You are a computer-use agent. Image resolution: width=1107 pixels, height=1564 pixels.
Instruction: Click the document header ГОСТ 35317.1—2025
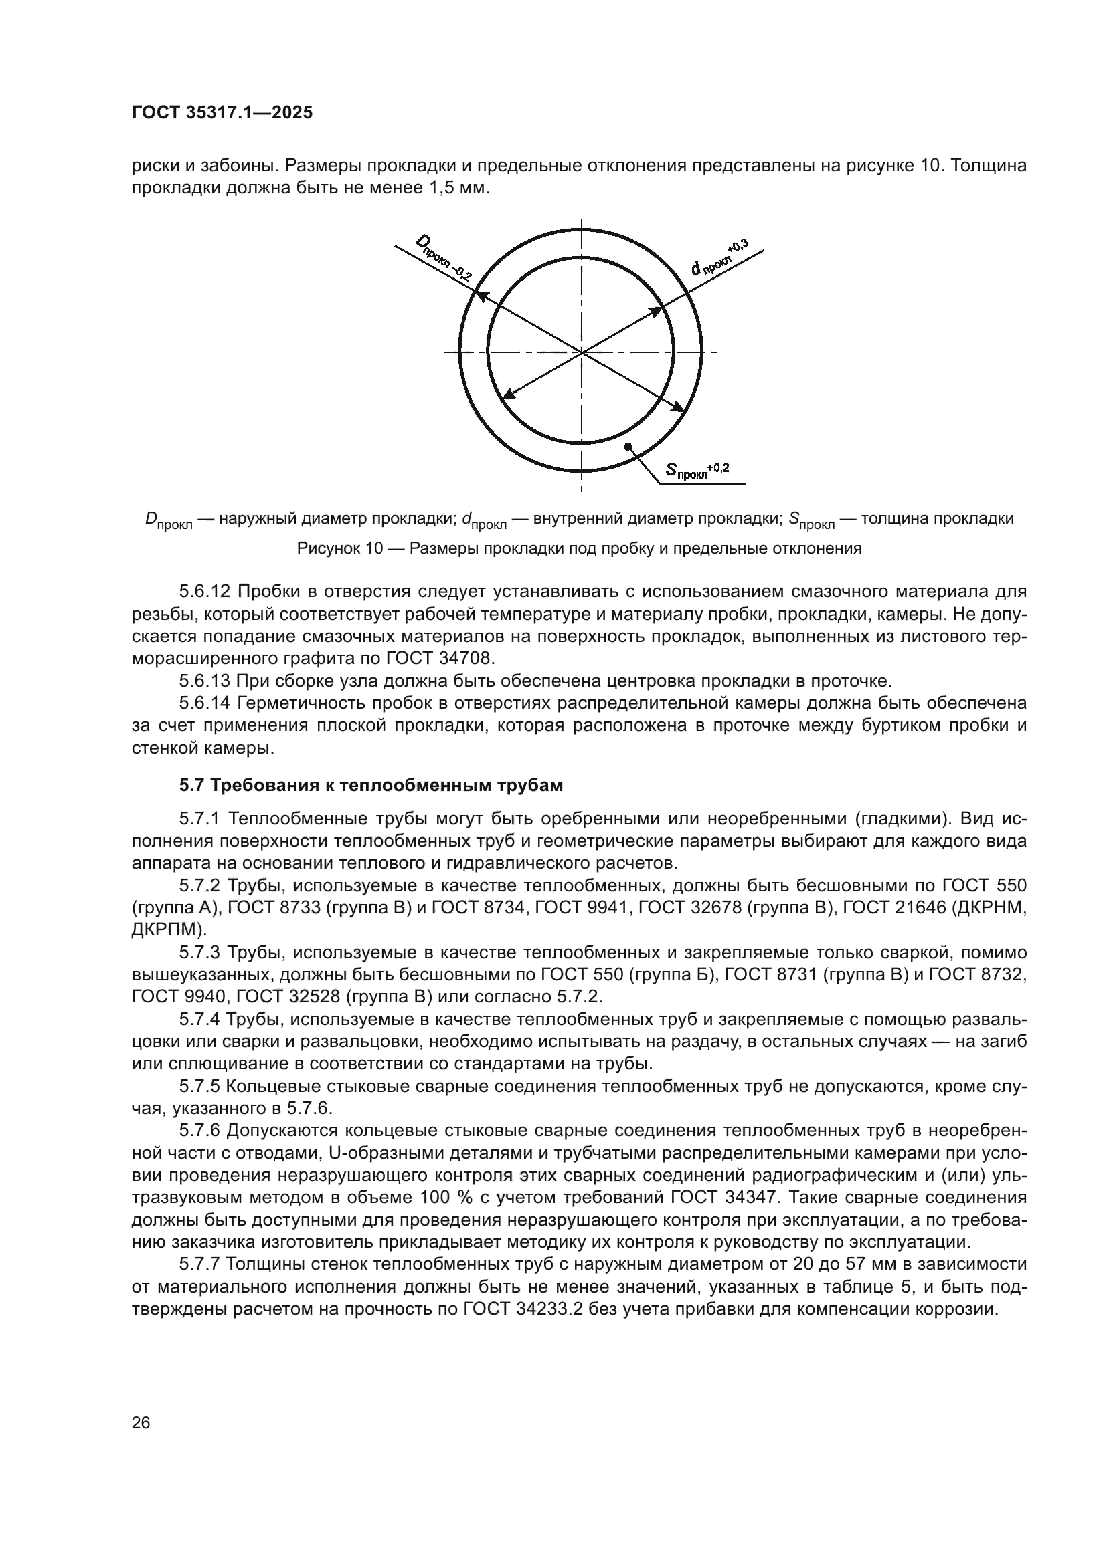[222, 113]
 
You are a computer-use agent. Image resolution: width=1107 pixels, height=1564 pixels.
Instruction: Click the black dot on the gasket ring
[627, 446]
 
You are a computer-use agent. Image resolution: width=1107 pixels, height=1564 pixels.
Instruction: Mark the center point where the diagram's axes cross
[582, 352]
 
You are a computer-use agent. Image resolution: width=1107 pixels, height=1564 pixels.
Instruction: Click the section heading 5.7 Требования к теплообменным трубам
[371, 786]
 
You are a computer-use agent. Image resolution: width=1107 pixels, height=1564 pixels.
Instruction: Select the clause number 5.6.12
[205, 591]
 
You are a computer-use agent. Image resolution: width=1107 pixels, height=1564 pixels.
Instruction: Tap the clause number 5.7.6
[199, 1131]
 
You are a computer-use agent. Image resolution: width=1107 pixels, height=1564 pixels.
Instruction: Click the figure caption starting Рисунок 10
[580, 548]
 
